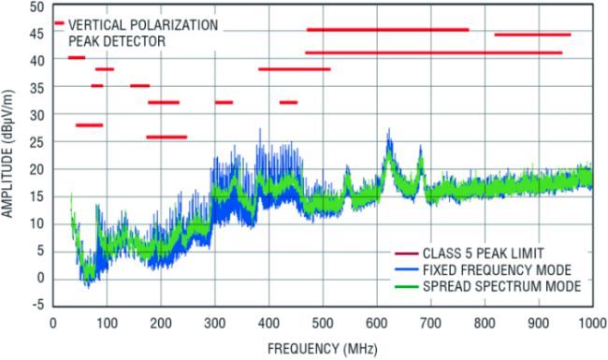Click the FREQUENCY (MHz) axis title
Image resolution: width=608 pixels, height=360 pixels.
coord(323,347)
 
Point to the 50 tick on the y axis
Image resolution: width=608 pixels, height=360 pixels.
coord(38,7)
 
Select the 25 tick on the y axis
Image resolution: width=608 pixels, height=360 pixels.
coord(38,142)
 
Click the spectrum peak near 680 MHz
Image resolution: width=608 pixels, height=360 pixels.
coord(420,148)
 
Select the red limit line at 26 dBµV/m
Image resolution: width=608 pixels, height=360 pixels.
coord(166,137)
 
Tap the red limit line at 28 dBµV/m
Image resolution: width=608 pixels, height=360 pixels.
coord(89,125)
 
